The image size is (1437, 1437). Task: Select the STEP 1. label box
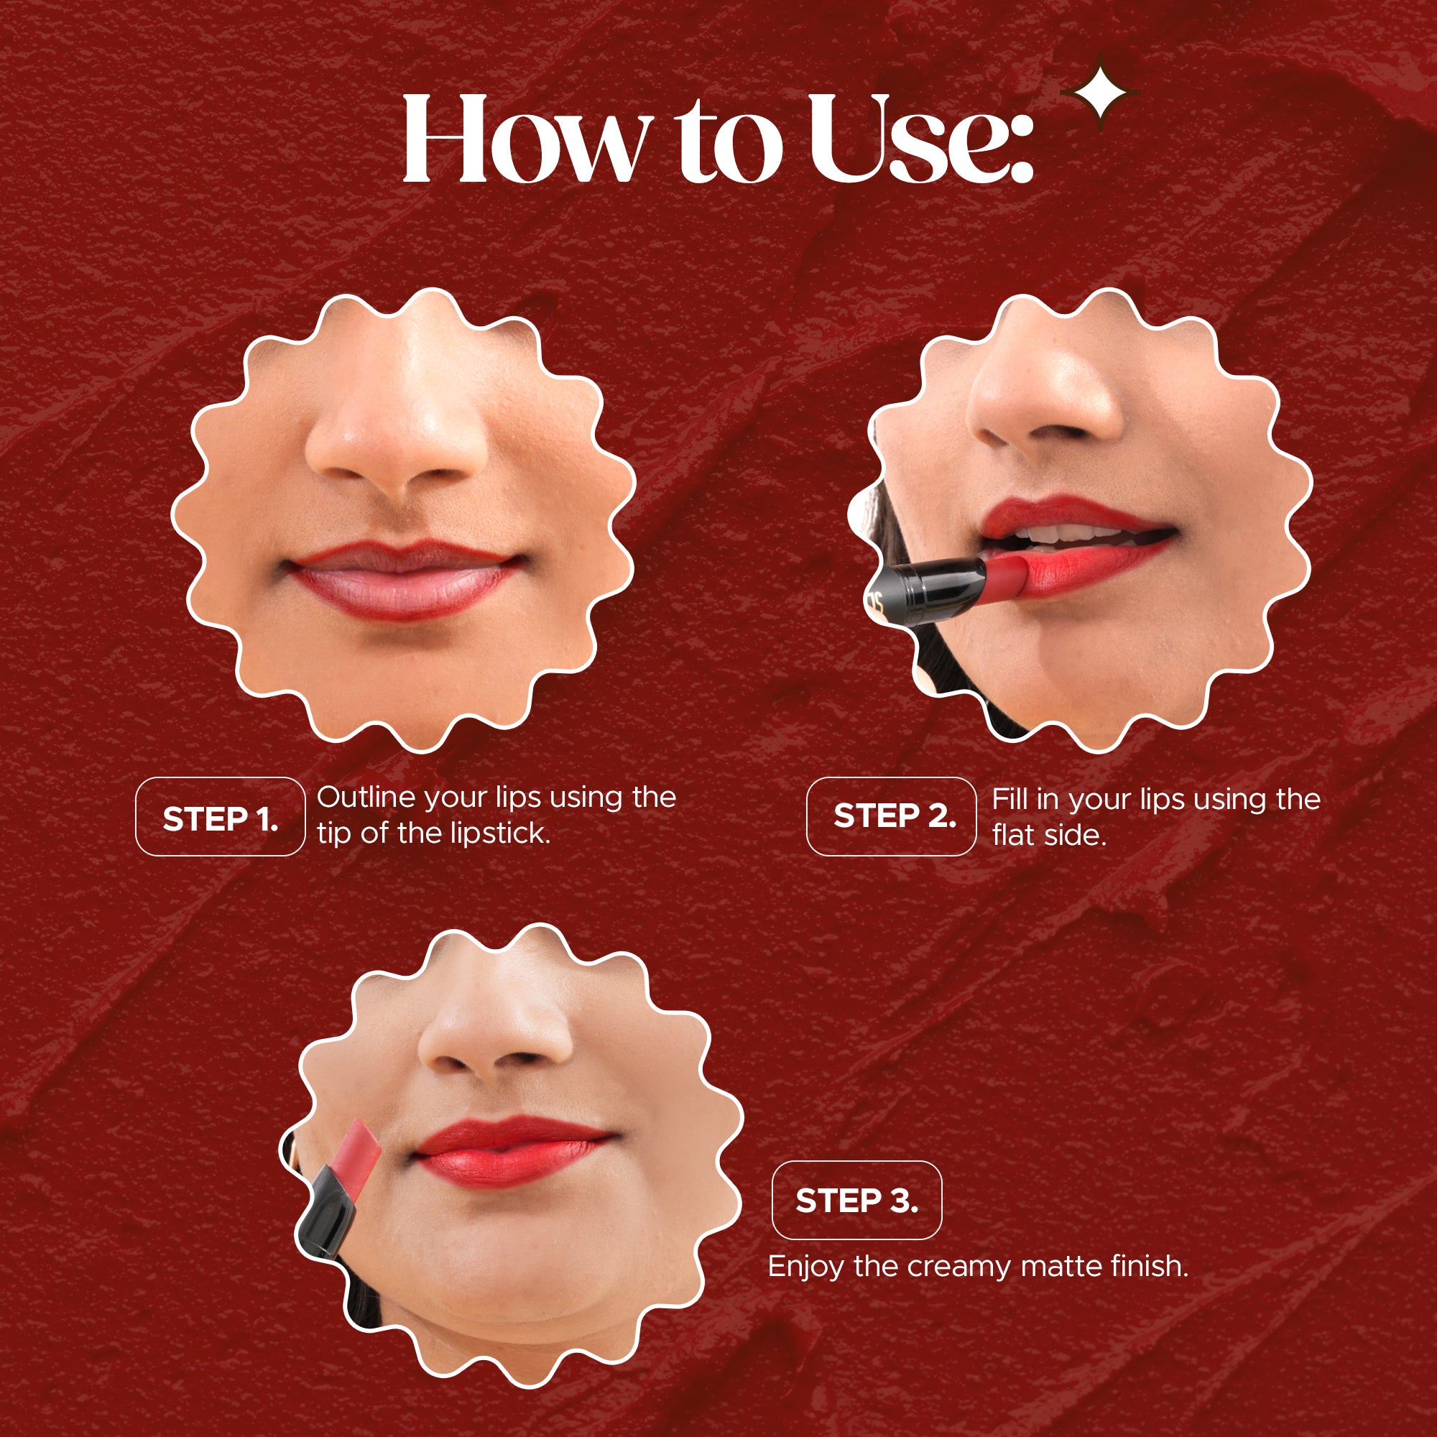tap(220, 818)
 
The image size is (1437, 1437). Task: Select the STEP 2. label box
tap(891, 816)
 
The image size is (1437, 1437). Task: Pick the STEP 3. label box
tap(857, 1201)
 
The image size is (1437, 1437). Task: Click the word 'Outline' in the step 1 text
tap(366, 798)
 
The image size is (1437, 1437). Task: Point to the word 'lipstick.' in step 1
tap(501, 833)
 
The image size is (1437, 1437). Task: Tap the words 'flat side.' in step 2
tap(1049, 836)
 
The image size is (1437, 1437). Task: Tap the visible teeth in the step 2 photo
tap(1071, 534)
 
